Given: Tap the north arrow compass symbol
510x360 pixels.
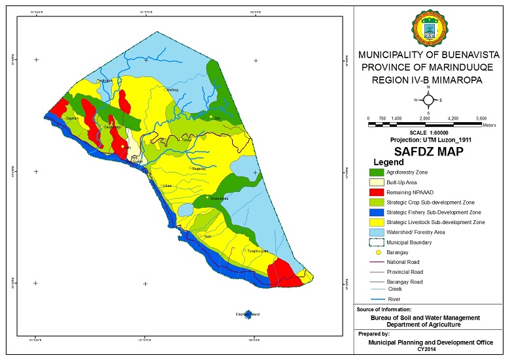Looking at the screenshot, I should coord(428,99).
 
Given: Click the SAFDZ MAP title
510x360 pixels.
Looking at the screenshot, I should coord(428,151).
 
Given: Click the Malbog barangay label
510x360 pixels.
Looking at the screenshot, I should coord(173,90).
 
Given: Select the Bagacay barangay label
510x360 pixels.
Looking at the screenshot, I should coord(199,169).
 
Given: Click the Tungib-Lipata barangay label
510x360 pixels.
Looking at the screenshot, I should coord(257,251).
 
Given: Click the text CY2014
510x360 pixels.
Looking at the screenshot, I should coord(428,349).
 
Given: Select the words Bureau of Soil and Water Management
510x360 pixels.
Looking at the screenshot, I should coord(425,318).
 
